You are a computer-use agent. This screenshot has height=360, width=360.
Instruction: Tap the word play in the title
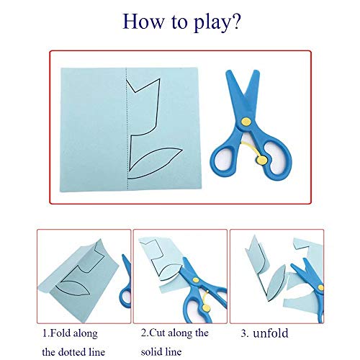(203, 23)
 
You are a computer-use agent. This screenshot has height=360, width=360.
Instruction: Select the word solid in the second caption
(161, 352)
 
